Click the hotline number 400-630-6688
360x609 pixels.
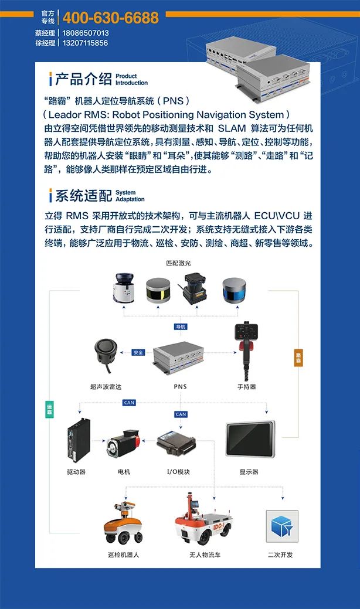pos(111,18)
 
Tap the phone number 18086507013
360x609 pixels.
pos(86,33)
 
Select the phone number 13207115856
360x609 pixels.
pos(85,43)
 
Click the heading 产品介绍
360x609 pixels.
pos(83,79)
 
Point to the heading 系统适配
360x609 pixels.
pos(83,195)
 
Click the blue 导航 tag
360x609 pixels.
pos(181,326)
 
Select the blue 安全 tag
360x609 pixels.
pos(138,352)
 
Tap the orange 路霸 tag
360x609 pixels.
pos(298,358)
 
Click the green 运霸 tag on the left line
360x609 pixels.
pos(49,409)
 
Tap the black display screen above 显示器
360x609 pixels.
pos(250,440)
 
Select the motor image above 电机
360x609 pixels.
pos(124,445)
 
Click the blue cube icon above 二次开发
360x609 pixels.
pos(282,526)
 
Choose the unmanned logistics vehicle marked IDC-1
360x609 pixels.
pos(203,520)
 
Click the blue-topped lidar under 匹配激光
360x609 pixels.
pos(235,290)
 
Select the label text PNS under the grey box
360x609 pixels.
pos(180,386)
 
